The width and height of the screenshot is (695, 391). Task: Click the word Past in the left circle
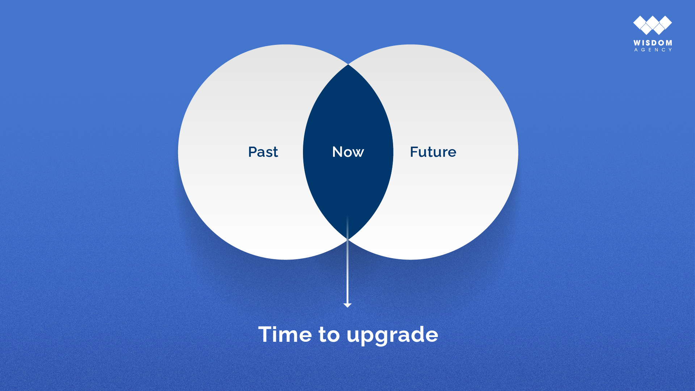263,152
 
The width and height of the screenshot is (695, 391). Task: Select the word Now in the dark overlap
348,152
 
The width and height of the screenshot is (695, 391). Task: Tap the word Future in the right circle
433,152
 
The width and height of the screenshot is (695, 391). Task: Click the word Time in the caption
285,334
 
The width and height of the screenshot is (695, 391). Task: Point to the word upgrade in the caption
392,336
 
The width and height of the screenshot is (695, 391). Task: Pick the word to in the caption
329,335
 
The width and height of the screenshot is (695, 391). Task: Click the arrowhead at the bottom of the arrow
347,306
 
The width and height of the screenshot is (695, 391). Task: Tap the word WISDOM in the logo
653,43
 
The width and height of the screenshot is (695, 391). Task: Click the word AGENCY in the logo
653,50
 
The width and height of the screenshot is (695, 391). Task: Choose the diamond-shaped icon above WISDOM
653,25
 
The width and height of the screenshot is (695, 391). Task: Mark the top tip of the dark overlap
348,64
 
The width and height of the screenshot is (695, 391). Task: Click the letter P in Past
253,152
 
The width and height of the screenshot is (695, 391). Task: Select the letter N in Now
338,152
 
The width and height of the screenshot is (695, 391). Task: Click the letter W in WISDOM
637,43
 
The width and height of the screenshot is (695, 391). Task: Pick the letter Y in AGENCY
670,50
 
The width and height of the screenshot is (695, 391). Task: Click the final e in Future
452,154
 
